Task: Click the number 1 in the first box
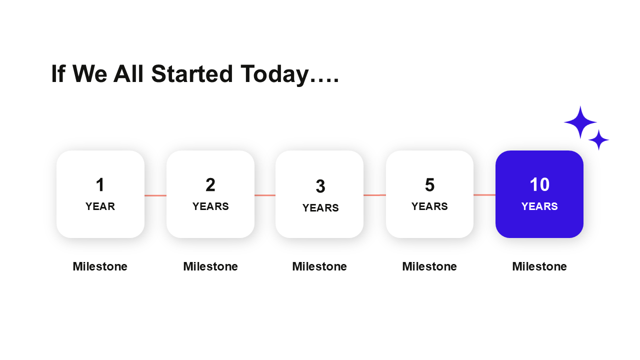(x=100, y=184)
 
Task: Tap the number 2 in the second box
(x=210, y=184)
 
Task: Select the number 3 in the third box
(x=320, y=186)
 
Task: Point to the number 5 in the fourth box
(x=429, y=184)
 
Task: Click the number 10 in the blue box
(x=539, y=184)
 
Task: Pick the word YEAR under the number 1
(x=100, y=206)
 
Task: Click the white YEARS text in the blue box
(x=539, y=206)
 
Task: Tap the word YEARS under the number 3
(x=320, y=207)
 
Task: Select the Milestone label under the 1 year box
(x=100, y=266)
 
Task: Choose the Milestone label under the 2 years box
(x=210, y=266)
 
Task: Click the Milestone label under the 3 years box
(x=319, y=266)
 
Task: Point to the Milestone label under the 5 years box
(x=429, y=266)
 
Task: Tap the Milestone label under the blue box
(x=539, y=266)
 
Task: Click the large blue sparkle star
(x=580, y=122)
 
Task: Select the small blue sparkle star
(x=599, y=139)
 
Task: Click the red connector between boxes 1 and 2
(x=155, y=195)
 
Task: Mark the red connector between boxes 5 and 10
(x=484, y=195)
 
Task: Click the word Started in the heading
(x=192, y=73)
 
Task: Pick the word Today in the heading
(x=274, y=74)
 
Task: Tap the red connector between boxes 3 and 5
(x=374, y=195)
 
